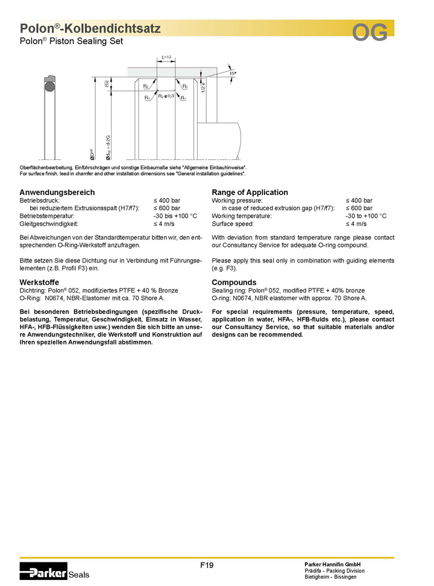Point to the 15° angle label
(x=232, y=72)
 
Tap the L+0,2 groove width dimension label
(x=166, y=57)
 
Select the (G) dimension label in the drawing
(x=107, y=84)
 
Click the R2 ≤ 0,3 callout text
(x=166, y=96)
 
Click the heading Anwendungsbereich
(x=57, y=192)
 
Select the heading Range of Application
(x=250, y=192)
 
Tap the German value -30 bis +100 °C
(x=175, y=215)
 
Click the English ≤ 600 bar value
(x=359, y=208)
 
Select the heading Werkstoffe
(x=39, y=282)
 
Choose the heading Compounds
(x=234, y=282)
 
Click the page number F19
(x=207, y=565)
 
